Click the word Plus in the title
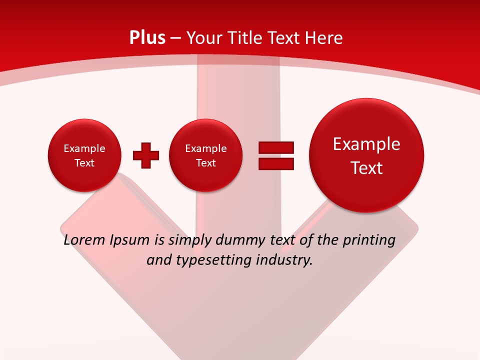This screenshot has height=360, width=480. click(x=147, y=37)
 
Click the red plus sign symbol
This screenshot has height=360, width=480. click(x=146, y=155)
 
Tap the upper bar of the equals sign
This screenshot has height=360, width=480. click(x=276, y=147)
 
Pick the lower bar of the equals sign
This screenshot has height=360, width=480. click(x=276, y=163)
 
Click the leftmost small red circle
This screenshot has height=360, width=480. click(x=84, y=155)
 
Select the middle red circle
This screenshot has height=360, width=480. click(x=205, y=155)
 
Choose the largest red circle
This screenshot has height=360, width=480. click(x=366, y=155)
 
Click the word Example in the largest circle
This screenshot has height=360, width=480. click(x=366, y=144)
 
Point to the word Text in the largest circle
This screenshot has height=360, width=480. click(x=366, y=168)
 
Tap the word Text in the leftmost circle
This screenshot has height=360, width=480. click(x=84, y=163)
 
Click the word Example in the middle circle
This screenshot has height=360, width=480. click(x=205, y=148)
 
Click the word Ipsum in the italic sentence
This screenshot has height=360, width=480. click(x=129, y=240)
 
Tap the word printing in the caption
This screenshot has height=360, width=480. click(x=369, y=240)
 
